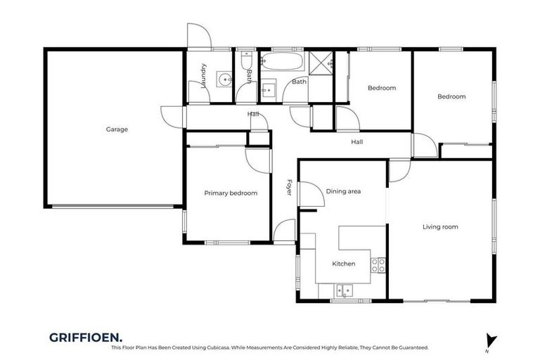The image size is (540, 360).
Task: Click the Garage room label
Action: [117, 129]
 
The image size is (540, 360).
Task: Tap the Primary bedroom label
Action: [231, 193]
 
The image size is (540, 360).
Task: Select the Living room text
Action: [440, 226]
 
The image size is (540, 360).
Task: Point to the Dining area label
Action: [343, 191]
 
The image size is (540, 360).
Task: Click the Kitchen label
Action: [344, 264]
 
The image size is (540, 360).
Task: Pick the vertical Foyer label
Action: [288, 188]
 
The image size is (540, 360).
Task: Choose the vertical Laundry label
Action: [202, 75]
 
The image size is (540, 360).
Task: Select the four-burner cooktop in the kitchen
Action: [378, 265]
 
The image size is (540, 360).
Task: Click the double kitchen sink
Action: [345, 288]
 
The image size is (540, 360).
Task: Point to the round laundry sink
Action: [224, 79]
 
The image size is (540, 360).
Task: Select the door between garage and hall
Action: [173, 117]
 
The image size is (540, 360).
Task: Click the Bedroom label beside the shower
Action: [382, 89]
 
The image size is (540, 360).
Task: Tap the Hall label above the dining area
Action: [357, 142]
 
